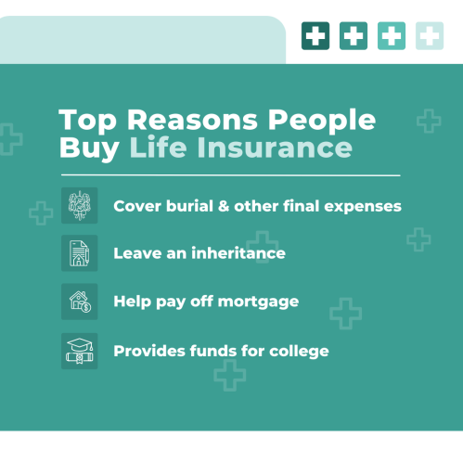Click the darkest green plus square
(315, 35)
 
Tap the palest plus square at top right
(430, 35)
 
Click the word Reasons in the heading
(192, 120)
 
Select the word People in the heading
(322, 122)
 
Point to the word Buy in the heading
(89, 148)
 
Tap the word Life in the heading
(158, 147)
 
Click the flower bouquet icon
(80, 205)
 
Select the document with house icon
(79, 253)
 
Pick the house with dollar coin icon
(80, 302)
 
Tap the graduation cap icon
(80, 351)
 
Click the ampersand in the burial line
(224, 206)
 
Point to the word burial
(189, 206)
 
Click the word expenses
(363, 207)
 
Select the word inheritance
(238, 253)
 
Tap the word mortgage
(258, 302)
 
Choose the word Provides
(149, 351)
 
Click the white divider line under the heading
(231, 175)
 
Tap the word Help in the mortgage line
(133, 302)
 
